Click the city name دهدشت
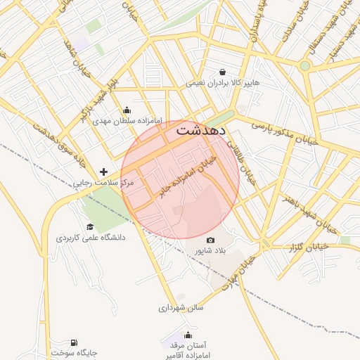click(x=200, y=130)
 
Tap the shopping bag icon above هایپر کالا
click(x=223, y=72)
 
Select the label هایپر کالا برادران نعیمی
click(x=222, y=83)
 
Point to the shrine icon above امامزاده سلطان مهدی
click(x=127, y=110)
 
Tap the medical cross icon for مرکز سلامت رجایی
click(x=104, y=171)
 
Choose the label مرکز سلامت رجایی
click(x=103, y=183)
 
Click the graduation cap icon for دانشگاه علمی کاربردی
click(x=90, y=226)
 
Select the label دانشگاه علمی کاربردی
click(x=91, y=238)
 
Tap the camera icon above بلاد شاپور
click(x=210, y=240)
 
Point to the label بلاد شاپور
click(x=210, y=250)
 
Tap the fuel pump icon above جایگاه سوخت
click(x=74, y=342)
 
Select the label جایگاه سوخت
click(x=74, y=353)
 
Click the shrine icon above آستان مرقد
click(x=188, y=335)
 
